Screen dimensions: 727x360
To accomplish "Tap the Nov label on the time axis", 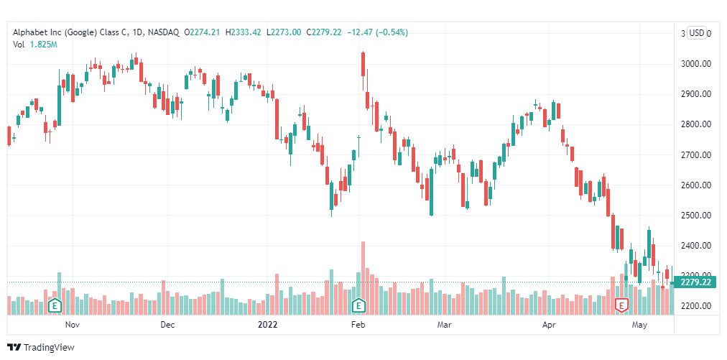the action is (73, 325).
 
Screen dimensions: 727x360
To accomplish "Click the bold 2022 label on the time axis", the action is (267, 325).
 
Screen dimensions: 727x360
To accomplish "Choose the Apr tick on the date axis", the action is (550, 325).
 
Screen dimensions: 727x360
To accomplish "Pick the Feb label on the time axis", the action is (358, 325).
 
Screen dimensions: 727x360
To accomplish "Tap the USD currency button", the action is (696, 33).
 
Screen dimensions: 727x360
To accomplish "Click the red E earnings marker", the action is (621, 305).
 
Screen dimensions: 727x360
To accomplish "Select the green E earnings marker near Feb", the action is (358, 305).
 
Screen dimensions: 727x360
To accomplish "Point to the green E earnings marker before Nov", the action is (55, 305).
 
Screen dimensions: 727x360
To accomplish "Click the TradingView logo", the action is (41, 347).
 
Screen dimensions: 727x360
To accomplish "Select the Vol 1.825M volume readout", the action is (35, 45).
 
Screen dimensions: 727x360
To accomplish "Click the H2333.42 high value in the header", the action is (243, 32).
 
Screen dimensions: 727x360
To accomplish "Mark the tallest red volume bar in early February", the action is (363, 278).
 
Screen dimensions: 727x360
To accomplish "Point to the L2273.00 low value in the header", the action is (283, 32).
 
